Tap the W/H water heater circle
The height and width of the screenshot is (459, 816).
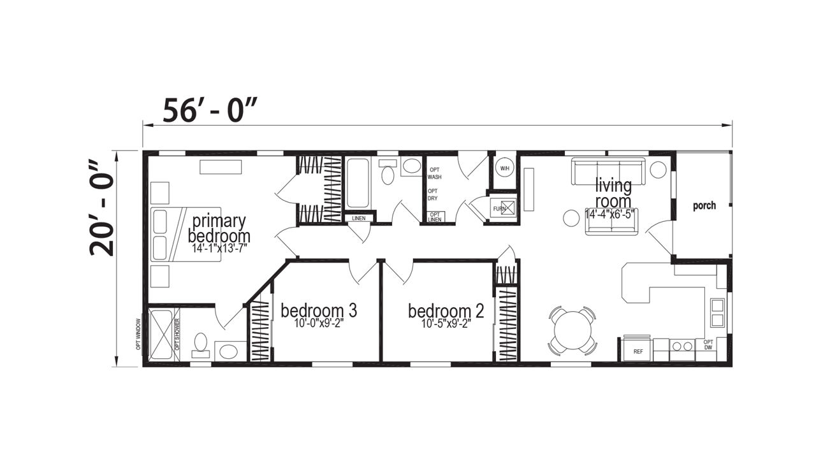click(504, 168)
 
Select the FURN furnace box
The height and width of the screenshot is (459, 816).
click(503, 208)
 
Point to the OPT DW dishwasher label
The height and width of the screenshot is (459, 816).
click(708, 345)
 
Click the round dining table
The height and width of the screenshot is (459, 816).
click(572, 331)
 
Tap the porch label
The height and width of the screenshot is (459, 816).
click(704, 205)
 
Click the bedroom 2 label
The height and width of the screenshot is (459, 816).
click(446, 311)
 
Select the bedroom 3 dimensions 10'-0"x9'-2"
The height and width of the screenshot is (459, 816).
click(319, 323)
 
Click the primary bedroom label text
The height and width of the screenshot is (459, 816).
click(219, 228)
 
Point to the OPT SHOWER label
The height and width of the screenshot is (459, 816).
click(177, 335)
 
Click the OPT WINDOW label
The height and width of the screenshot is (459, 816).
click(138, 335)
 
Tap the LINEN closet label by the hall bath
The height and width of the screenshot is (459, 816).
click(359, 218)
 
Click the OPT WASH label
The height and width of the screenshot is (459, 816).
click(435, 173)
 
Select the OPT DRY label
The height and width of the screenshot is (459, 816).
click(433, 194)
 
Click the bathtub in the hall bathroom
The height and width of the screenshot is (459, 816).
click(358, 183)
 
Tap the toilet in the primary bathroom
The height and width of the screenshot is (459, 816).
click(200, 344)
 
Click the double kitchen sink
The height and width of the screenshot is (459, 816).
click(717, 312)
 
